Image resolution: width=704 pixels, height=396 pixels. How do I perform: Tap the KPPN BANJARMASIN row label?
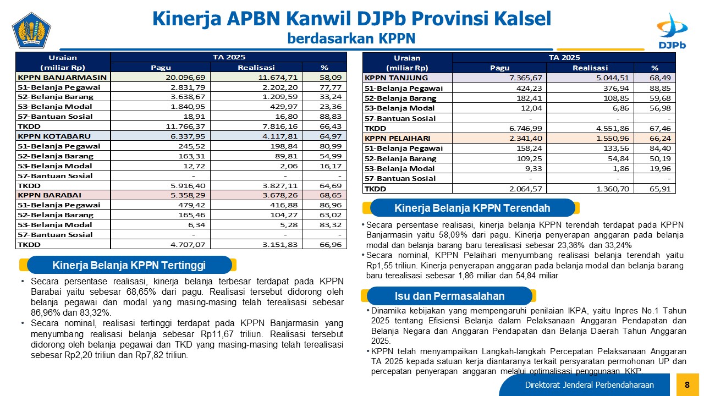(x=62, y=78)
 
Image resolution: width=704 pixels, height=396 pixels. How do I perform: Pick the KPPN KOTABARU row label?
(x=54, y=136)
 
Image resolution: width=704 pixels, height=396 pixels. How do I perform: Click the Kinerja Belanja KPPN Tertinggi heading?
(x=129, y=266)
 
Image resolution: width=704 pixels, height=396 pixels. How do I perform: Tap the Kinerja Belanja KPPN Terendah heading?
(x=472, y=208)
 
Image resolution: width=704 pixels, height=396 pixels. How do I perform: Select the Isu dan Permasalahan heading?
(x=449, y=296)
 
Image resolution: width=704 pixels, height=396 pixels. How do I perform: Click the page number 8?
(x=687, y=384)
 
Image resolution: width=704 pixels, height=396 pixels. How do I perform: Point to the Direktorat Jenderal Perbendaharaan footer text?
(x=589, y=384)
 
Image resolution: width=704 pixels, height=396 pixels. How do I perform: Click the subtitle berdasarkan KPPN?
(x=351, y=38)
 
